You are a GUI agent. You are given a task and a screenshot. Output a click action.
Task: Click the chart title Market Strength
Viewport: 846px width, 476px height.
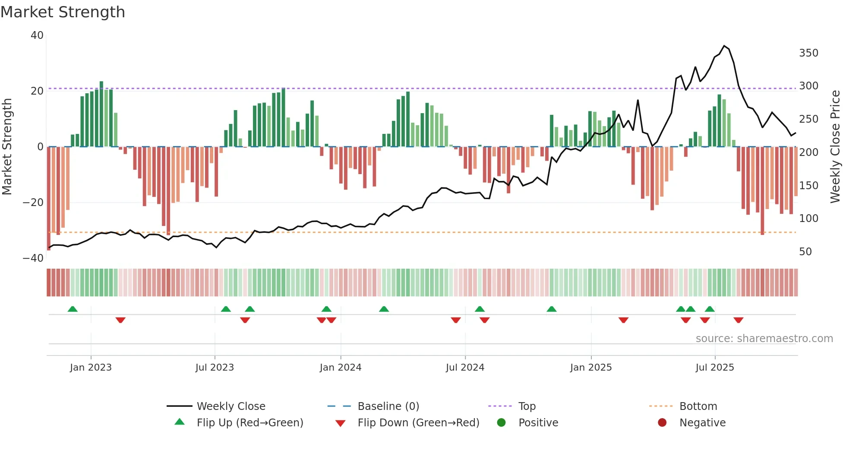[x=63, y=12]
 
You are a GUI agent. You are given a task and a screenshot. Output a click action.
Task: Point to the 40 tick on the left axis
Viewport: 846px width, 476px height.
[x=37, y=35]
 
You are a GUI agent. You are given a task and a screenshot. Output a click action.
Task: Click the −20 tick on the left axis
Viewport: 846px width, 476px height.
[x=33, y=202]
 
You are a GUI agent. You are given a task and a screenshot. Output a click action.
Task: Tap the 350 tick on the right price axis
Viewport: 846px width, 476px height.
[x=808, y=53]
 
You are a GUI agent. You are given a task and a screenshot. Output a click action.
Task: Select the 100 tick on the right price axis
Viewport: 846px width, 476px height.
[x=808, y=219]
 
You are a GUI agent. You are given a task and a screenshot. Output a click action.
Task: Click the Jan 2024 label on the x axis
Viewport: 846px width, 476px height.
[x=341, y=368]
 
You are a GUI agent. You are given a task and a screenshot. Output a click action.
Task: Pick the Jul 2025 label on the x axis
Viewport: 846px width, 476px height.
[x=715, y=368]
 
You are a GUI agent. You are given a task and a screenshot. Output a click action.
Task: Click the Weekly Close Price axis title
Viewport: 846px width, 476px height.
[x=835, y=147]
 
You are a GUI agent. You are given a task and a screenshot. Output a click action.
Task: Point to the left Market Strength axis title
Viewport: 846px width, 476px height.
[x=7, y=147]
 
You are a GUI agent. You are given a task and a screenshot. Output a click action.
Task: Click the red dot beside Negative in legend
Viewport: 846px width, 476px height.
[x=662, y=423]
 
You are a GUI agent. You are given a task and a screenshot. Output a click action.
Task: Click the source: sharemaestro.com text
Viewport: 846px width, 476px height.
[x=764, y=339]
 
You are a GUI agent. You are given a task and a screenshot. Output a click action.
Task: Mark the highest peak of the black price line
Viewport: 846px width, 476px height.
[x=724, y=46]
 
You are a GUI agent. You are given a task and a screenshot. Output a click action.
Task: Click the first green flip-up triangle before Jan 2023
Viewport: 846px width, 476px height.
[x=73, y=309]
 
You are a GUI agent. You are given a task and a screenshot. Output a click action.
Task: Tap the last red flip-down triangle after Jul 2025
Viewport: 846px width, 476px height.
[x=738, y=320]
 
